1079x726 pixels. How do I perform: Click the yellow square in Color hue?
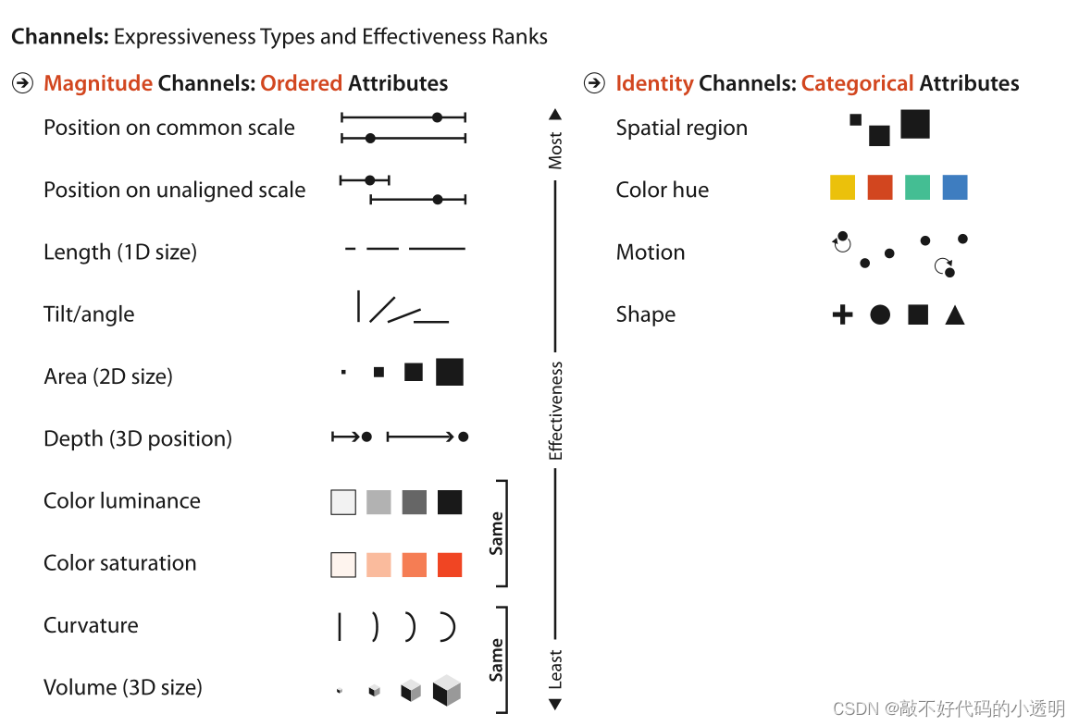coord(842,188)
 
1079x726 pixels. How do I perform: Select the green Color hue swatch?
coord(917,188)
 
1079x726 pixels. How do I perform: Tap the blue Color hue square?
coord(955,188)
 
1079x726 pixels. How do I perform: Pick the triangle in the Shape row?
coord(955,316)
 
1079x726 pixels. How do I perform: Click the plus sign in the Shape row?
coord(842,315)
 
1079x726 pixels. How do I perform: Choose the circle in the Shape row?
coord(880,315)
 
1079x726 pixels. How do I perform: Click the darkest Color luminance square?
coord(450,502)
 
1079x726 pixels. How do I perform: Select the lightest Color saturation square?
coord(343,564)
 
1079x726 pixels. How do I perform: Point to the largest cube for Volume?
coord(447,690)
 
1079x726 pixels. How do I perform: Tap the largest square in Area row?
coord(450,372)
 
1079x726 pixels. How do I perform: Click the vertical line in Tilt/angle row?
coord(358,306)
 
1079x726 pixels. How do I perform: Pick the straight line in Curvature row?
coord(340,626)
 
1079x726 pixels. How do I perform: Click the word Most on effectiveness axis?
coord(555,151)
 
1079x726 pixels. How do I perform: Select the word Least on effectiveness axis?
coord(555,670)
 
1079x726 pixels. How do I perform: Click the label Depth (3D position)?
coord(138,438)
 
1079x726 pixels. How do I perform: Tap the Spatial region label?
coord(681,128)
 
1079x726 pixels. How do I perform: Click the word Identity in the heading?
coord(654,83)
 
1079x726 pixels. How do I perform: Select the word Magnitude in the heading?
coord(98,83)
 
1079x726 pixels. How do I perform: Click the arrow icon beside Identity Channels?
coord(594,83)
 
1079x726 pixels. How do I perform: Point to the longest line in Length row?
coord(437,249)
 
